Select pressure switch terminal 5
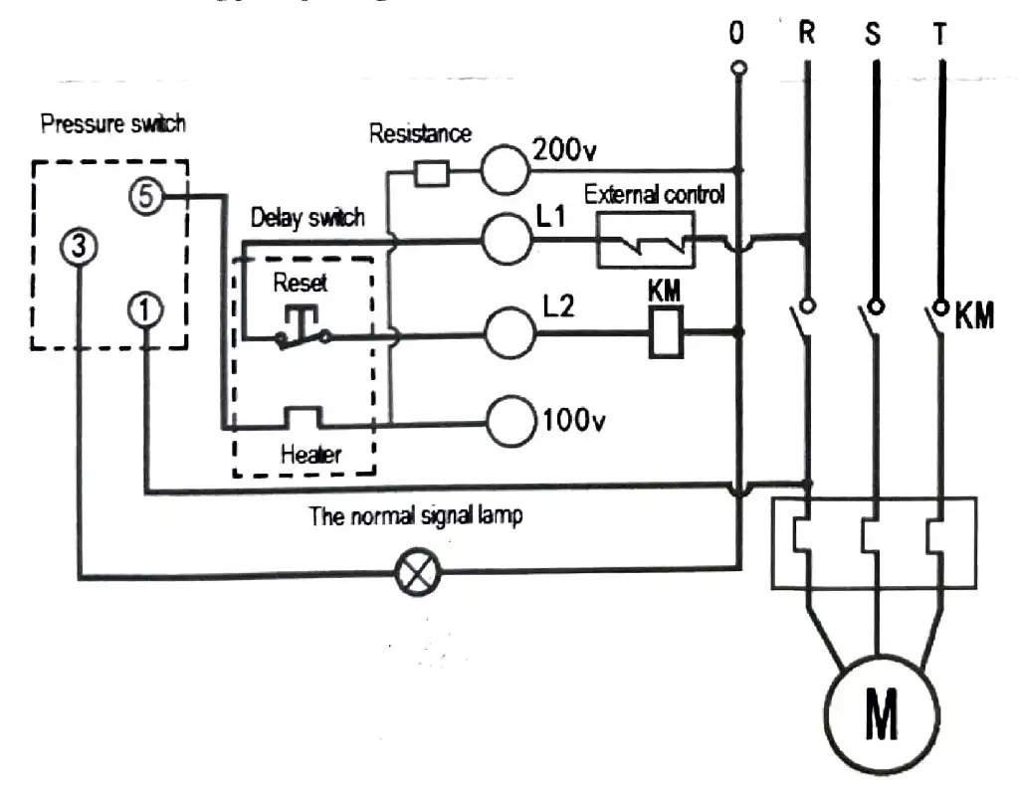[145, 196]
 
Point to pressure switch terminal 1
[145, 310]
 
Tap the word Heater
[310, 456]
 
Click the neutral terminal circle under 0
[736, 69]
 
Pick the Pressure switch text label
[112, 125]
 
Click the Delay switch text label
[306, 218]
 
